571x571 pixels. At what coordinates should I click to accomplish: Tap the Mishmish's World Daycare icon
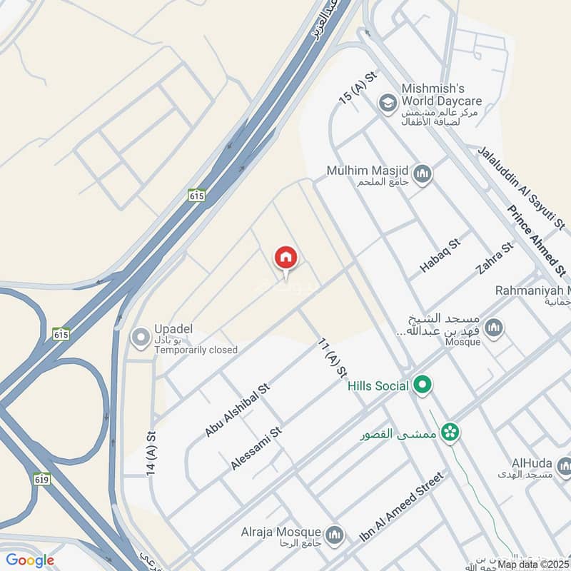(x=388, y=104)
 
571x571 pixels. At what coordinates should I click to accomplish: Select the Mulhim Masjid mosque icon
(x=423, y=173)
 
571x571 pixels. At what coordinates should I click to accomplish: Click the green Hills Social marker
(x=423, y=386)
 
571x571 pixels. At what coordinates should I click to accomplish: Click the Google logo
(x=30, y=560)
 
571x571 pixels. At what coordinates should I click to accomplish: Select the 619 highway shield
(x=41, y=480)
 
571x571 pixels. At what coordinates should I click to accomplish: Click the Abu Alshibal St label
(x=237, y=410)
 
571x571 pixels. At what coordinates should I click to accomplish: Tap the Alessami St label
(x=257, y=448)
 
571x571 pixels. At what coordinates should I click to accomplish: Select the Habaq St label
(x=440, y=256)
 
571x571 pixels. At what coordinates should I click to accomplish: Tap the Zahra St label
(x=495, y=258)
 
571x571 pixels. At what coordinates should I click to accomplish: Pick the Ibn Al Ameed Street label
(x=402, y=506)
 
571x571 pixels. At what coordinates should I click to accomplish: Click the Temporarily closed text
(x=196, y=350)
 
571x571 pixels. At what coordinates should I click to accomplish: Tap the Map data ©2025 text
(x=532, y=564)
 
